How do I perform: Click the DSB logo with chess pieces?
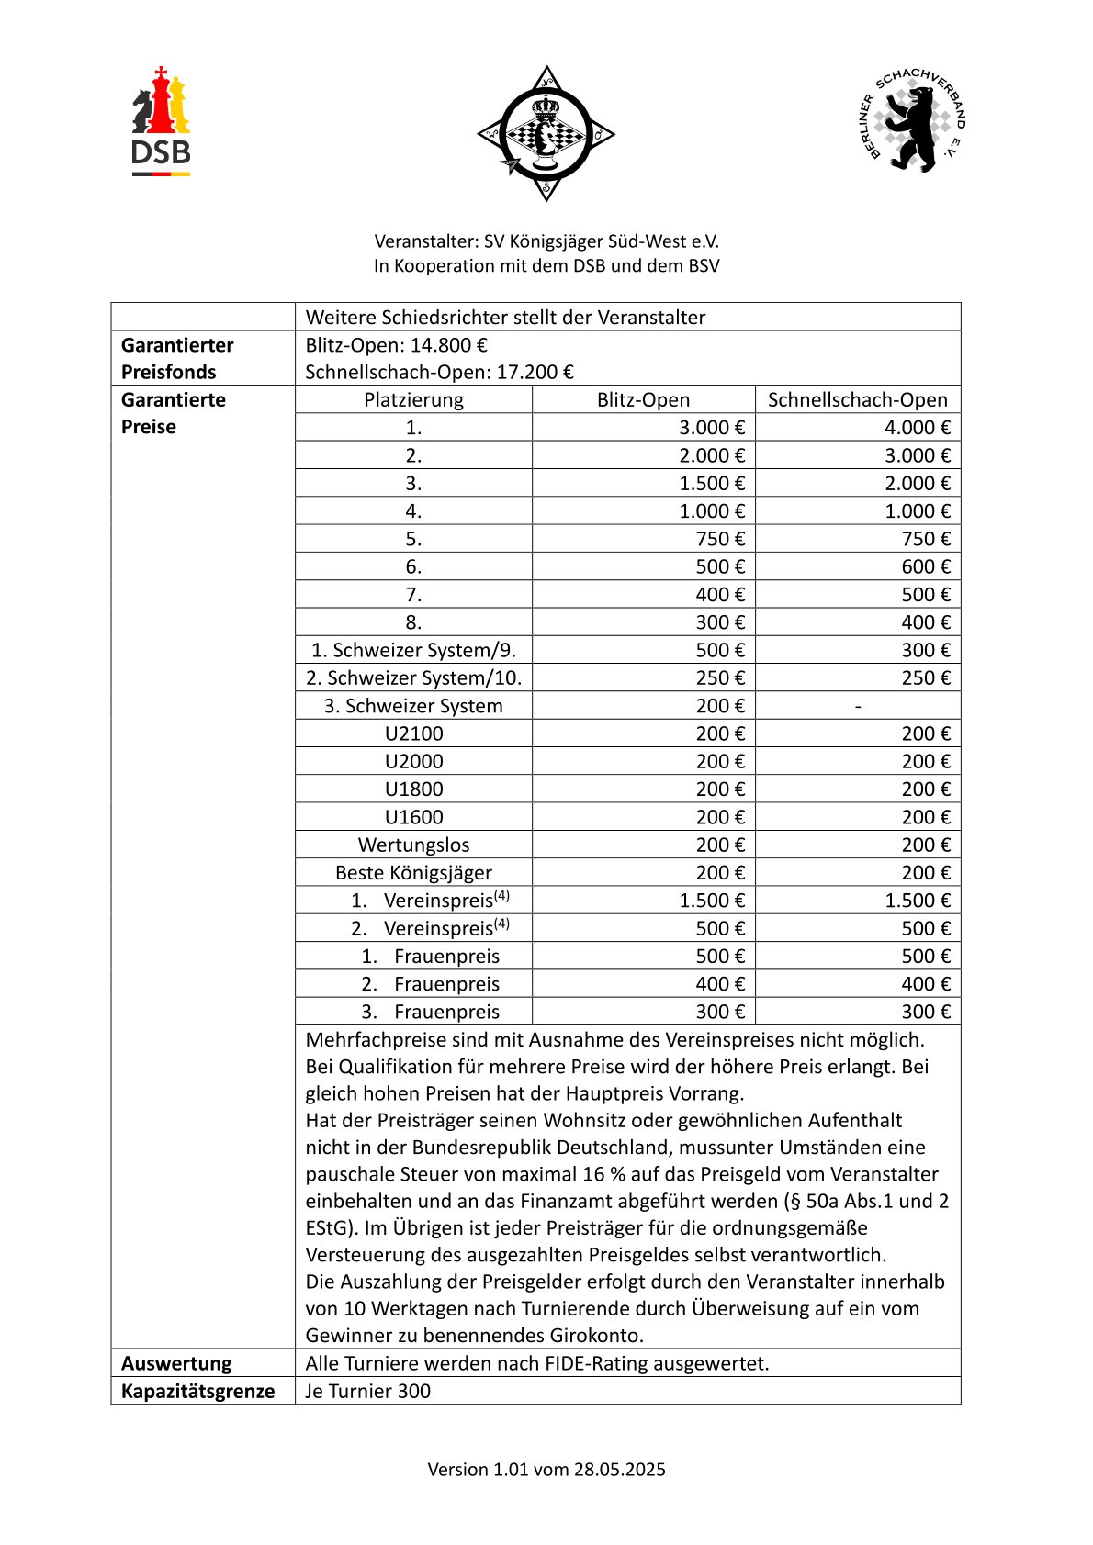(161, 121)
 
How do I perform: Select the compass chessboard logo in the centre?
(546, 133)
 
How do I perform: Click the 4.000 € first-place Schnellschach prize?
(917, 428)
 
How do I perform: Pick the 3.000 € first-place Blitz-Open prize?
(712, 428)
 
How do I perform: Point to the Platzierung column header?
(413, 400)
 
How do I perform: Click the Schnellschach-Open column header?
(857, 400)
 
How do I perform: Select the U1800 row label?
(413, 789)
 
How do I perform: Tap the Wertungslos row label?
(413, 845)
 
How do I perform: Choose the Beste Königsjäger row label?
(413, 873)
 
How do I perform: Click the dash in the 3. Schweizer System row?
(857, 706)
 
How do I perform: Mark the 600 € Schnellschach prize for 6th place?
(925, 567)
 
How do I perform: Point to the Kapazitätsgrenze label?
(197, 1391)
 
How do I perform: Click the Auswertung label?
(176, 1363)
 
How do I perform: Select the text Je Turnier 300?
(367, 1391)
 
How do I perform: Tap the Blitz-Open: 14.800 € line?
(396, 345)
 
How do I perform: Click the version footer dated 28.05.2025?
(546, 1469)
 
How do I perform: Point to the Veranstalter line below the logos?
(546, 241)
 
